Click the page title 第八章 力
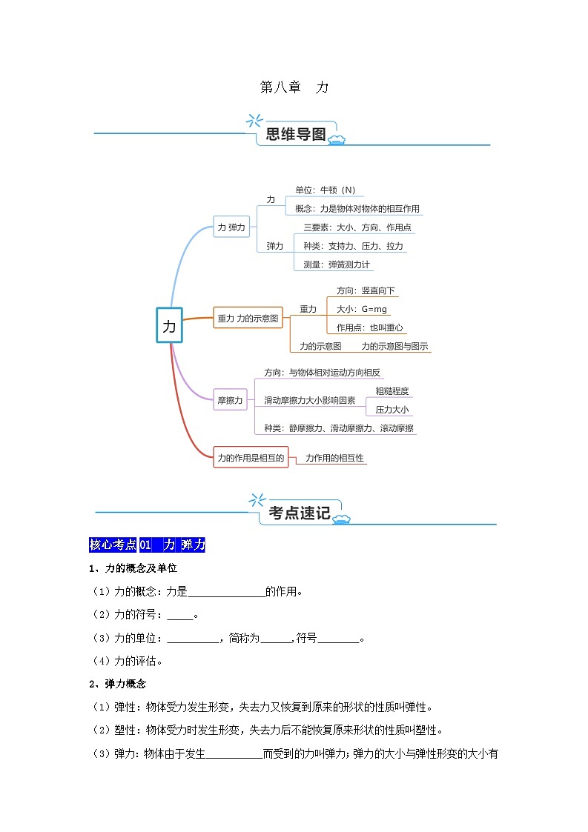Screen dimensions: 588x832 [294, 87]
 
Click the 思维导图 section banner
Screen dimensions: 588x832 [296, 134]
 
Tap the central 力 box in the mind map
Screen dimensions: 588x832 [169, 325]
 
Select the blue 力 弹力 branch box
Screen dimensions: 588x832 [231, 228]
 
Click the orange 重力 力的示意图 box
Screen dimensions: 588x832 [248, 319]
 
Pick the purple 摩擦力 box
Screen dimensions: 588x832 [230, 401]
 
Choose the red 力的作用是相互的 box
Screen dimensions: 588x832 [251, 458]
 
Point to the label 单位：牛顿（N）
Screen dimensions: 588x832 [325, 190]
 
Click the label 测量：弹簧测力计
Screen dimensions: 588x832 [337, 264]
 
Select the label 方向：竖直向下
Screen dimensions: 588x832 [366, 290]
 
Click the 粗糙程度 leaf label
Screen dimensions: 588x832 [392, 391]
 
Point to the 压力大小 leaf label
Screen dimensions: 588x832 [392, 410]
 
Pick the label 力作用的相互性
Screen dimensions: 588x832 [334, 458]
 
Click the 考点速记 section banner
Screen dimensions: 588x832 [300, 513]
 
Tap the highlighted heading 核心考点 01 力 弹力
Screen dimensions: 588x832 [146, 545]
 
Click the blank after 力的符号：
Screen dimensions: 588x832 [180, 615]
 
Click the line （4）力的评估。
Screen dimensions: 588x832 [125, 661]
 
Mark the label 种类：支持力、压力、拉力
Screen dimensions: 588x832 [353, 246]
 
